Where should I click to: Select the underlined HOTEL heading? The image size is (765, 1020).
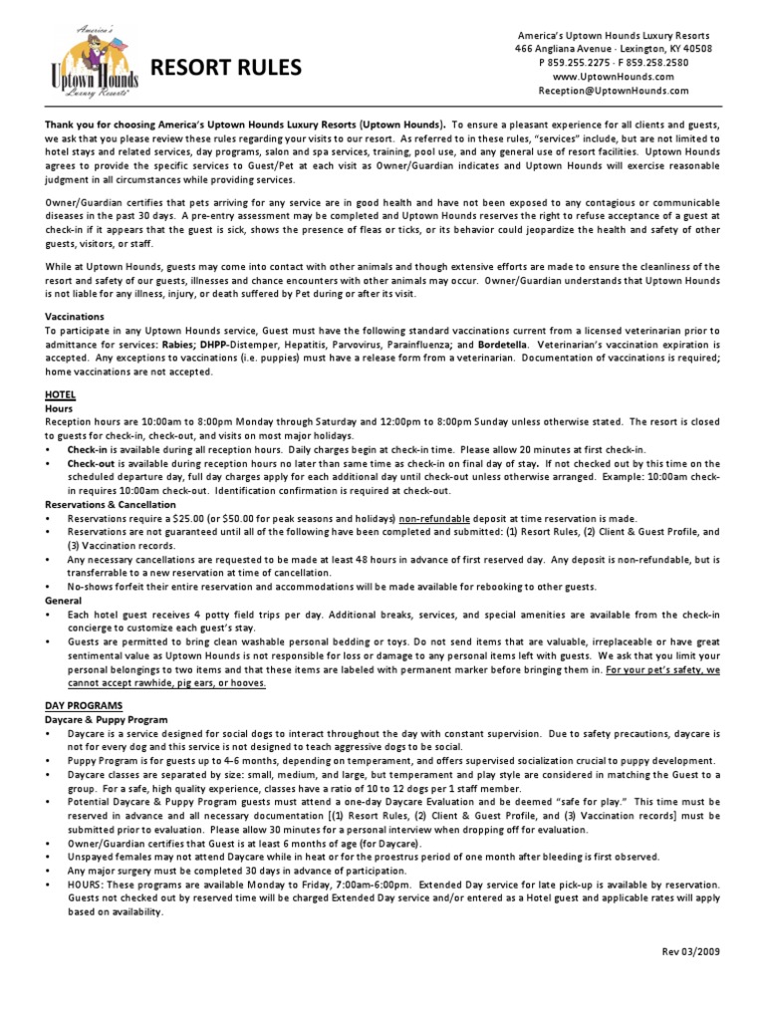(60, 394)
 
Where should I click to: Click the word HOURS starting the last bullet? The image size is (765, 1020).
(87, 884)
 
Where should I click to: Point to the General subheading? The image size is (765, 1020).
(66, 602)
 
